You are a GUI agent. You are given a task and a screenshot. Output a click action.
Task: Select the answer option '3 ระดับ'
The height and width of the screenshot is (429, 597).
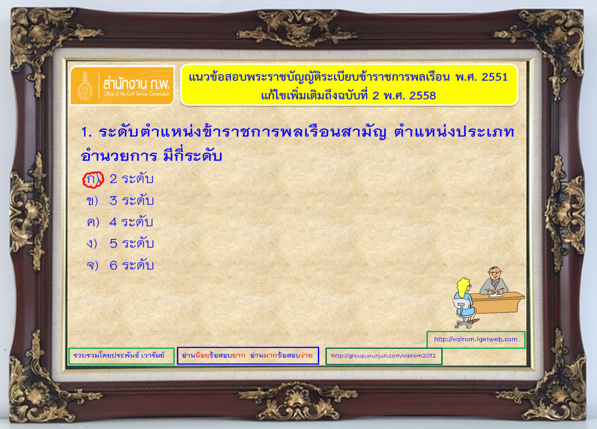(x=131, y=201)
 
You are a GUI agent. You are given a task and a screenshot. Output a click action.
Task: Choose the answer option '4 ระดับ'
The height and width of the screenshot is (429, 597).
(x=131, y=222)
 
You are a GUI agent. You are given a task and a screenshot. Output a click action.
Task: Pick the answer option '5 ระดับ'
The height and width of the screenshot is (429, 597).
(x=132, y=244)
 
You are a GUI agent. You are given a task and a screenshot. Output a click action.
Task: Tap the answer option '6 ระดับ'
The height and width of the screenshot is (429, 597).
(x=132, y=265)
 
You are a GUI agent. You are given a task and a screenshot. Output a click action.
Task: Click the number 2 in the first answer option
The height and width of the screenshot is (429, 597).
(x=113, y=179)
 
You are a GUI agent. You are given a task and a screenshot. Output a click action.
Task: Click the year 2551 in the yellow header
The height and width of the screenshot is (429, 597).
(x=494, y=77)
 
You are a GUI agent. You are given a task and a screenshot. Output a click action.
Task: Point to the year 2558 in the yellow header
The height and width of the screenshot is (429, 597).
(x=423, y=96)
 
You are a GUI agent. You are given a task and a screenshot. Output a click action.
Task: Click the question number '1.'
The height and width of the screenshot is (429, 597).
(x=86, y=133)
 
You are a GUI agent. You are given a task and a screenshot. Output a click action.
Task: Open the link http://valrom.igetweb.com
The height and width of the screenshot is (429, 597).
(x=476, y=339)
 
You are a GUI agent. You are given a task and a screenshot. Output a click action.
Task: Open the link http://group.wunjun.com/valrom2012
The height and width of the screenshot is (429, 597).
(x=383, y=356)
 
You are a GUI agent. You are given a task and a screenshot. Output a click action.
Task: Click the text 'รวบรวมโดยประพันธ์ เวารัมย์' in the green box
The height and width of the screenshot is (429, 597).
(x=119, y=356)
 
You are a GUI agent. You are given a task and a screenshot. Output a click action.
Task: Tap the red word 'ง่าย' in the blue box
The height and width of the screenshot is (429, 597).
(x=306, y=355)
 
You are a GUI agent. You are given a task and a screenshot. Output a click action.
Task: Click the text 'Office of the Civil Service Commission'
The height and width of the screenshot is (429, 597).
(x=136, y=94)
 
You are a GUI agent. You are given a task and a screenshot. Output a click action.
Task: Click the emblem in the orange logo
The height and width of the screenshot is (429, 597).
(x=85, y=86)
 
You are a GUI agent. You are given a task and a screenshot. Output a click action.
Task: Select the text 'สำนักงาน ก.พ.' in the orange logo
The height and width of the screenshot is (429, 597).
(x=136, y=84)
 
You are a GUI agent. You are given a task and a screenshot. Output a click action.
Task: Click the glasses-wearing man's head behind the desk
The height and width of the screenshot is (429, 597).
(x=494, y=274)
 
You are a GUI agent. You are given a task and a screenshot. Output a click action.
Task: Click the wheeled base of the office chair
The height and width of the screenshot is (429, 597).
(x=464, y=324)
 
